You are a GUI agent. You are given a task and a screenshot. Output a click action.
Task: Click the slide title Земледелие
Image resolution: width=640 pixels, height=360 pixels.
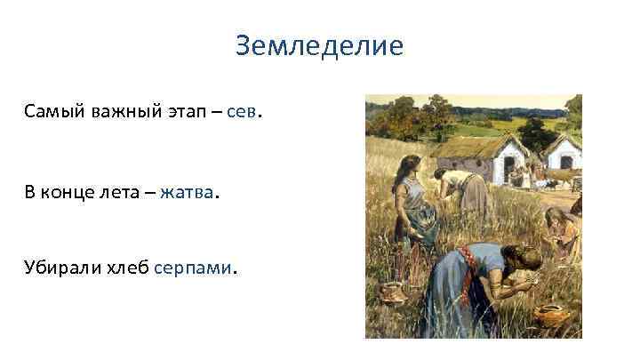[319, 44]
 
